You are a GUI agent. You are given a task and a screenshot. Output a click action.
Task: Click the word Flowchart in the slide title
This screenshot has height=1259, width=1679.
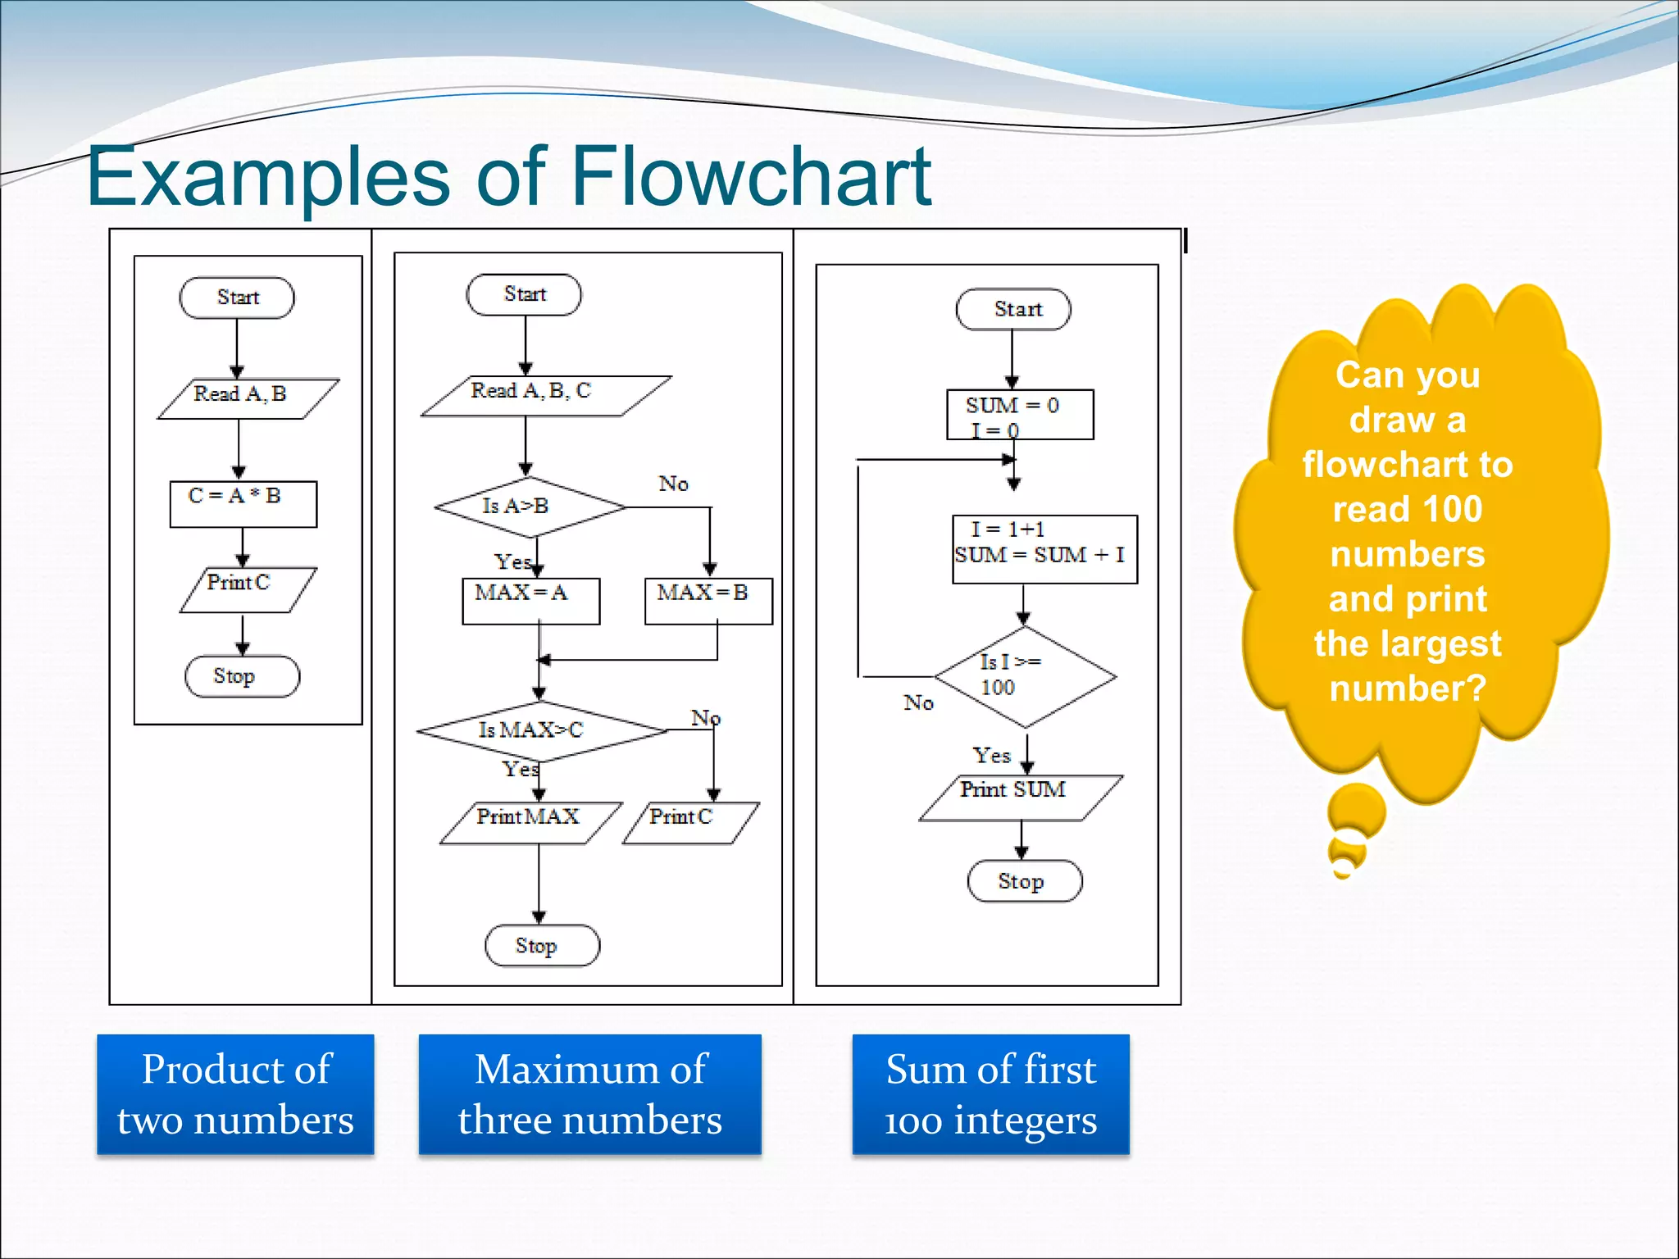[750, 176]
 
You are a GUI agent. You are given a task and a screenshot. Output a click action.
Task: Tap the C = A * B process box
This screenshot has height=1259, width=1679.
[243, 503]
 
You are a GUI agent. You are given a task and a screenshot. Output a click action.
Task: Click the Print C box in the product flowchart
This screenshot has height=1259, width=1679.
[247, 589]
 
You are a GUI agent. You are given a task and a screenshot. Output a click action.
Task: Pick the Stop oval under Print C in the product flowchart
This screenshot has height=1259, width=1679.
[242, 676]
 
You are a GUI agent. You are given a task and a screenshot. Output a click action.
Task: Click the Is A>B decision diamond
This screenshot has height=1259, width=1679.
[530, 507]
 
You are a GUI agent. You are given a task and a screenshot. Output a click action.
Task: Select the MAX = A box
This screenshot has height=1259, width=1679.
[530, 601]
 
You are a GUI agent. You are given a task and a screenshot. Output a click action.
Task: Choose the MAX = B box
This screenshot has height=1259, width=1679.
[708, 601]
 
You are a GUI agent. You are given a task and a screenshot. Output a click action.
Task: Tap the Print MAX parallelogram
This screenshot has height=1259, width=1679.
[530, 822]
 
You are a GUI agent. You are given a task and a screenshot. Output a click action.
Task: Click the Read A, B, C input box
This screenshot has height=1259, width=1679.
[545, 396]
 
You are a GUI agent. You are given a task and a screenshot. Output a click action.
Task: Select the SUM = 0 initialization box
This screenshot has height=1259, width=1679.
[1019, 415]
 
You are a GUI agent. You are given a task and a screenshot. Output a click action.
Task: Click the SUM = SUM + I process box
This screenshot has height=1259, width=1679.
[1044, 548]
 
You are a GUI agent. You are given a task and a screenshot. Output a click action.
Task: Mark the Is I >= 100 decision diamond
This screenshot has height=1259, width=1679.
[1024, 677]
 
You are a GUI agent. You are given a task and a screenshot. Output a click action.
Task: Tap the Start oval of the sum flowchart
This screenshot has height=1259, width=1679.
[1013, 309]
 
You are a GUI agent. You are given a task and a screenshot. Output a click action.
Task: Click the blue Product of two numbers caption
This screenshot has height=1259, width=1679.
[235, 1093]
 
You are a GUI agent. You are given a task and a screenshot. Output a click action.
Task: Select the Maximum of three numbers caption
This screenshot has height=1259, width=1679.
[589, 1093]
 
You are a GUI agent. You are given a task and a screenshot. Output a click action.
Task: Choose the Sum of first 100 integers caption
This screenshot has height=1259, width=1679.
[990, 1093]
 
